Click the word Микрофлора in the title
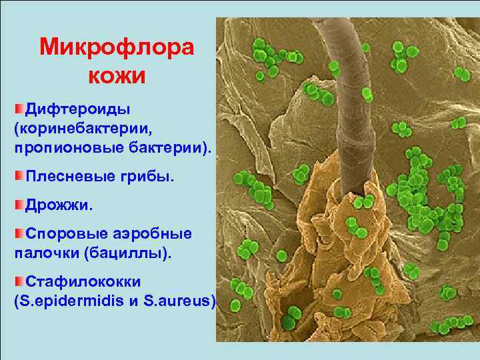click(x=116, y=47)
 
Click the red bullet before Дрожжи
click(x=19, y=204)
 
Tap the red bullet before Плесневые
click(x=19, y=176)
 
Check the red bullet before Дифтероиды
click(x=19, y=107)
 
